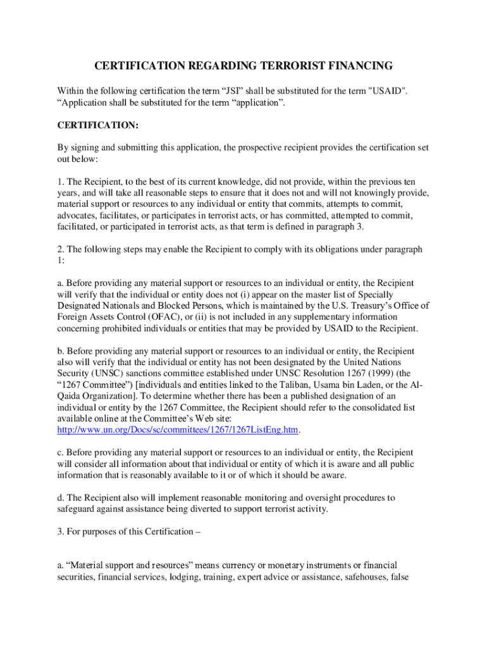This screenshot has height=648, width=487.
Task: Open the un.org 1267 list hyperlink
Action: [x=178, y=430]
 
